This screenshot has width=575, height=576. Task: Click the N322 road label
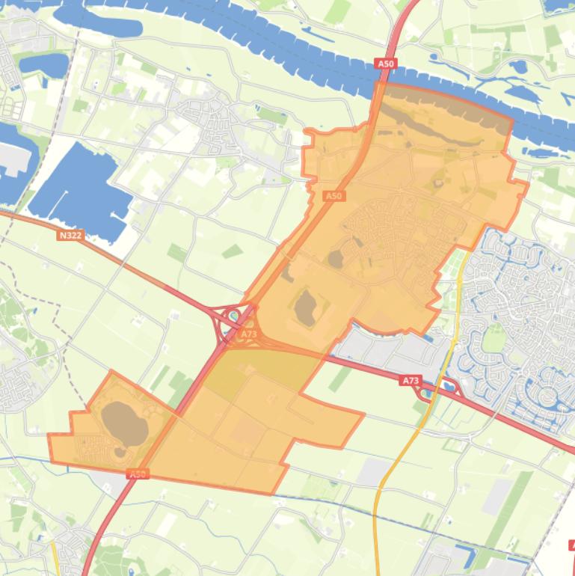(x=70, y=235)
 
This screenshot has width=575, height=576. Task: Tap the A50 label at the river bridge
(x=386, y=64)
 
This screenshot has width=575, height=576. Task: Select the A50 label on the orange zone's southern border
(x=138, y=474)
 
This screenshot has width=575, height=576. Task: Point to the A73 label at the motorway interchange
(x=249, y=334)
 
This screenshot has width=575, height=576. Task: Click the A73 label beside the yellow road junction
(x=411, y=381)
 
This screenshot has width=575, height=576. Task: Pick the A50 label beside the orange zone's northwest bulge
(x=333, y=196)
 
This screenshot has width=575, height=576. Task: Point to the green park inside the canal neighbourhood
(x=493, y=338)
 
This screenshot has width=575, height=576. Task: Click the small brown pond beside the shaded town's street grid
(x=336, y=259)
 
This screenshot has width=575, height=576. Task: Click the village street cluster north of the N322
(x=209, y=120)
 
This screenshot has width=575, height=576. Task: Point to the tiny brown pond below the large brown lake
(x=120, y=452)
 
